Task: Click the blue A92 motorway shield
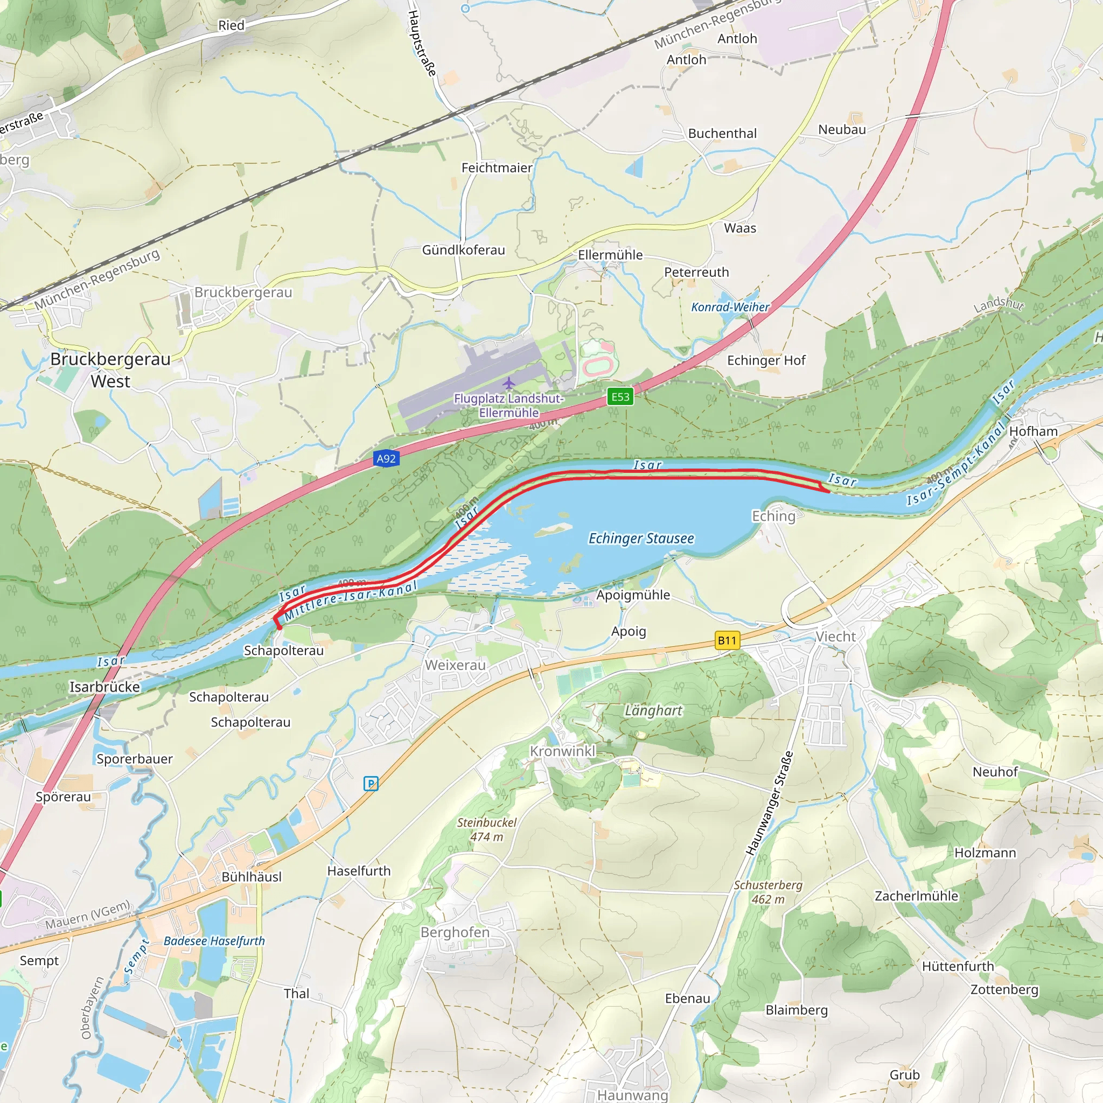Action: [x=386, y=458]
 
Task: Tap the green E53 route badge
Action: [x=620, y=397]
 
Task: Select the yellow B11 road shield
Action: [x=727, y=640]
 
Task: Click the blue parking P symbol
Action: [x=371, y=783]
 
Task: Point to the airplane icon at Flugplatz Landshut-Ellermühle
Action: [x=508, y=382]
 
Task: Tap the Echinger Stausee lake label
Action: [x=640, y=539]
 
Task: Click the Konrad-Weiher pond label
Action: [x=730, y=307]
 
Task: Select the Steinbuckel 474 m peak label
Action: [x=486, y=829]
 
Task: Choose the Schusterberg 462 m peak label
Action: [x=768, y=892]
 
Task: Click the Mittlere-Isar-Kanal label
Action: [x=351, y=601]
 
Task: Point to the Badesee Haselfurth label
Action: [x=214, y=941]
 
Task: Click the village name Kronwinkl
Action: [x=562, y=751]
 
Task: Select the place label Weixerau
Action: [x=455, y=665]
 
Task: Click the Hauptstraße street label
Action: [x=422, y=43]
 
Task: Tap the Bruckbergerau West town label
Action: [x=110, y=370]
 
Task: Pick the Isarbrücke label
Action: [x=104, y=687]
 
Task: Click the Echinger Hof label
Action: [x=766, y=360]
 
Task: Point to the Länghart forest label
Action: [x=653, y=710]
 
